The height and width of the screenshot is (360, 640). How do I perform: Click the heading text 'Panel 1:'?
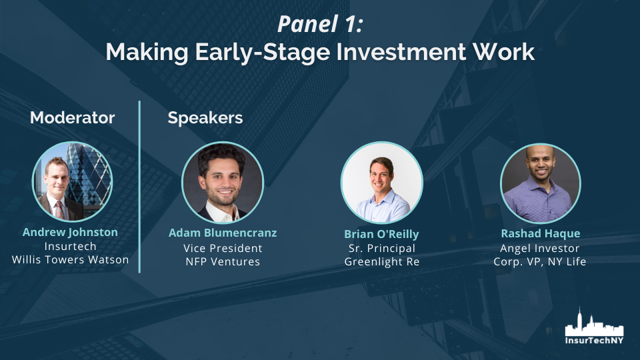(x=320, y=24)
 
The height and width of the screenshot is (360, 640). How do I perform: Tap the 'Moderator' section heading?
(x=72, y=117)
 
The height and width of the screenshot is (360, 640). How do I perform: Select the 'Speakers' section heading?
(x=205, y=118)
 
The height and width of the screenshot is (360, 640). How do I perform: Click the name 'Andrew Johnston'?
(x=70, y=232)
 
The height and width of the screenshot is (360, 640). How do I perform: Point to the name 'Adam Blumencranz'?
(x=223, y=233)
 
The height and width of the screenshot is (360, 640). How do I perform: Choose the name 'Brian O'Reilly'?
(x=381, y=234)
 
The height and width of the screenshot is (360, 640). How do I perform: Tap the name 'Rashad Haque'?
(x=541, y=233)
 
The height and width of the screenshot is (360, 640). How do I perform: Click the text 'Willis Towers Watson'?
(x=70, y=259)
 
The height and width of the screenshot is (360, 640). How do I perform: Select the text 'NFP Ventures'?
(x=223, y=261)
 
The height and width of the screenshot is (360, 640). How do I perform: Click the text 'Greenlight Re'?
(x=381, y=261)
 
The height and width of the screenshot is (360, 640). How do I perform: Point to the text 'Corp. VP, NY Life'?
(x=539, y=261)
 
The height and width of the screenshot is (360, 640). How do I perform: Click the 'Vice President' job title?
(x=223, y=248)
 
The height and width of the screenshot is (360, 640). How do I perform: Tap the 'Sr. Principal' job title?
(x=381, y=248)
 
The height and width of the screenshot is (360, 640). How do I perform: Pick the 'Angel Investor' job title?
(x=539, y=248)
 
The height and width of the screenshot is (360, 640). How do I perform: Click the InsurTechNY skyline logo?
(x=594, y=326)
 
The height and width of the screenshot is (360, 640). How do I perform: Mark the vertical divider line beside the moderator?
(x=139, y=187)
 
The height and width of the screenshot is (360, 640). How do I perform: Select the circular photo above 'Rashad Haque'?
(x=541, y=183)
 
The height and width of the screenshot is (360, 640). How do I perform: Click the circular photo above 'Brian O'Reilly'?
(x=381, y=183)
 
